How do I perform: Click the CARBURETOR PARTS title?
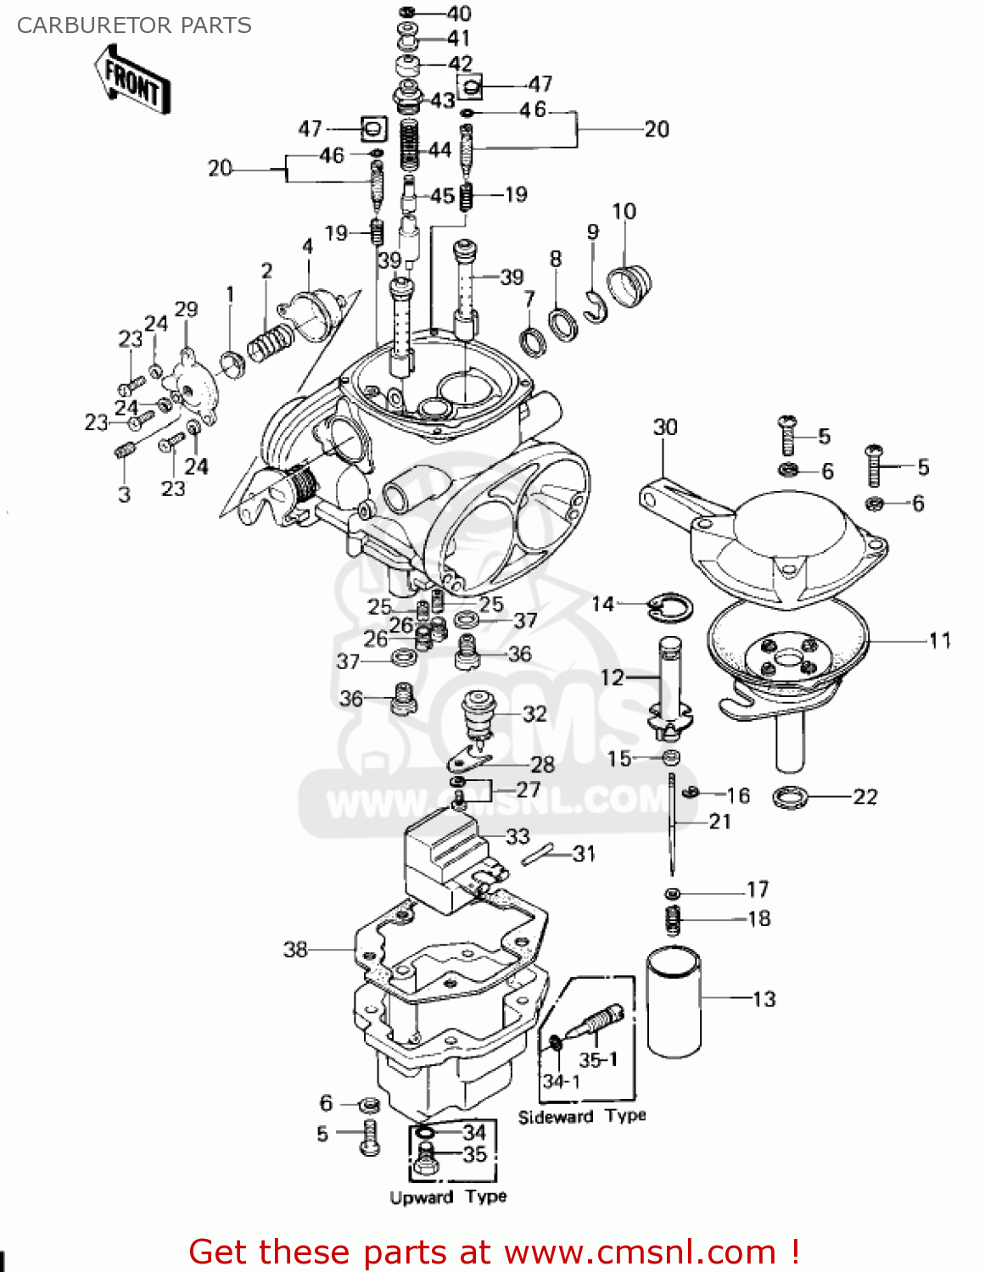pyautogui.click(x=134, y=25)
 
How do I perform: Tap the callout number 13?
pyautogui.click(x=764, y=999)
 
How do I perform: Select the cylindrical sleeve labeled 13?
pyautogui.click(x=674, y=1002)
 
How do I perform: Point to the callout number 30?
pyautogui.click(x=665, y=427)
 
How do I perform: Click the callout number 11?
pyautogui.click(x=939, y=640)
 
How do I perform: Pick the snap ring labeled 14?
pyautogui.click(x=670, y=605)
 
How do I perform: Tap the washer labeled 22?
pyautogui.click(x=791, y=797)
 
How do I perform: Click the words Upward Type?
pyautogui.click(x=448, y=1197)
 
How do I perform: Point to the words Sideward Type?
pyautogui.click(x=582, y=1116)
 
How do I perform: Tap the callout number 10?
pyautogui.click(x=624, y=211)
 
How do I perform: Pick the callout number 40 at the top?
pyautogui.click(x=459, y=14)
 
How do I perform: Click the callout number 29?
pyautogui.click(x=186, y=310)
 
